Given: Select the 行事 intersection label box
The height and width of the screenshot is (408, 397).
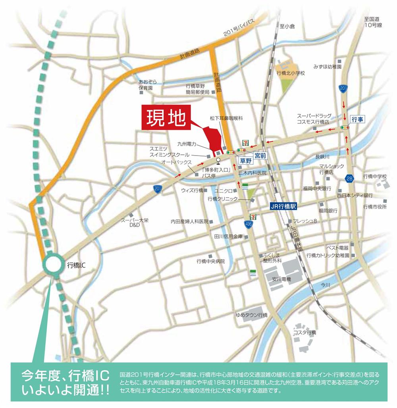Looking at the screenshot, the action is [357, 119].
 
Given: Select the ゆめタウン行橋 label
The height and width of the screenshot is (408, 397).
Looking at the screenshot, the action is [252, 315].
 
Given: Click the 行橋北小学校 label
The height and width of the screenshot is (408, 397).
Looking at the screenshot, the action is [291, 73].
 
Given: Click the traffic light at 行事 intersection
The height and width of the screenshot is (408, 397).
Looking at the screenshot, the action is [345, 127].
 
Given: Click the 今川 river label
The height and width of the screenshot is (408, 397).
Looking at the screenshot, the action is [326, 285].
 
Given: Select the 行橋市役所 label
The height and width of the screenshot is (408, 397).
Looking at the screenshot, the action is [375, 206].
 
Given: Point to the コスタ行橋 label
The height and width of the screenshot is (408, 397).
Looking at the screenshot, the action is [304, 332].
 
